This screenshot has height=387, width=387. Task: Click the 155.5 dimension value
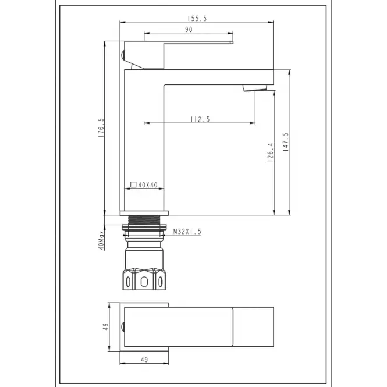[x=197, y=19]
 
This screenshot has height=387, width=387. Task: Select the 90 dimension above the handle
[x=189, y=30]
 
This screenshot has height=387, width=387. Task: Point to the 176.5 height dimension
[x=101, y=127]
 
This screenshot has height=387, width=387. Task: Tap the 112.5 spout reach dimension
[x=200, y=119]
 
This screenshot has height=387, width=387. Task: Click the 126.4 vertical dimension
[x=271, y=152]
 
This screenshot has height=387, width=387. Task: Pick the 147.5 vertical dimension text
[x=286, y=142]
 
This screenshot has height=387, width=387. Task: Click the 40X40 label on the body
[x=148, y=185]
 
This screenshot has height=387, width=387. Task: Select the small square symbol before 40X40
[x=133, y=184]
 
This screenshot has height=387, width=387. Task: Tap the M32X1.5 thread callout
[x=187, y=232]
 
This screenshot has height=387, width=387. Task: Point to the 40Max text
[x=101, y=241]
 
